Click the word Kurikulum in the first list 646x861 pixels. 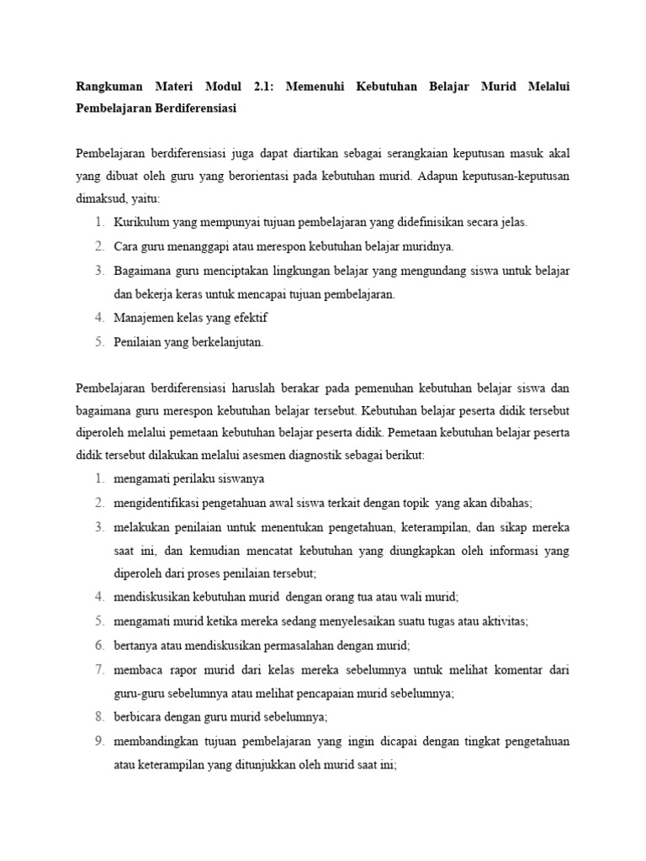(140, 222)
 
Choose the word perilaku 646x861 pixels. (186, 479)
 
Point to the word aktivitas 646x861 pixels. (501, 621)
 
